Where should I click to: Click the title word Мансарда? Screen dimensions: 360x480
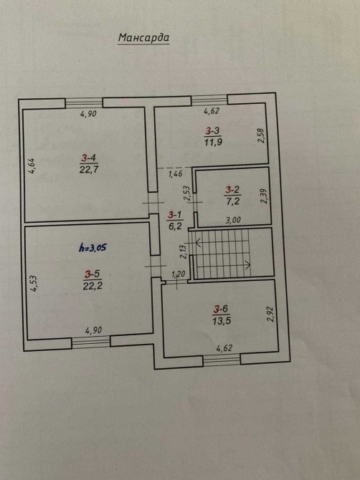point(143,38)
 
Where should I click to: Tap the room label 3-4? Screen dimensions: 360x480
point(89,158)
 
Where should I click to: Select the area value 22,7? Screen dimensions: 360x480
point(89,170)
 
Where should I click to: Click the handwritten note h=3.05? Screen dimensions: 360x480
point(93,247)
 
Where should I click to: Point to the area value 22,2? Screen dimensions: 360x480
point(93,286)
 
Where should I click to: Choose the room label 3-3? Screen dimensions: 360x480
point(213,131)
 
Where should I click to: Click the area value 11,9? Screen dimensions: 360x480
point(213,142)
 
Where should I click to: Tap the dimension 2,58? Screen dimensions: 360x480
point(261,135)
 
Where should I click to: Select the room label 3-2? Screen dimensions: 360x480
point(232,190)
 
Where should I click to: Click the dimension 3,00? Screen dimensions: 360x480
point(233,220)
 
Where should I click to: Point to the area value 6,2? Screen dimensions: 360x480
point(175,226)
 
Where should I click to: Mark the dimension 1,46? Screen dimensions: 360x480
point(176,174)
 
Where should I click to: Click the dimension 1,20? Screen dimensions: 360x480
point(179,274)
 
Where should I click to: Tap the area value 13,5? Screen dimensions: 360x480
point(222,321)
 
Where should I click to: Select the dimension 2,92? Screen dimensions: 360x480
point(270,314)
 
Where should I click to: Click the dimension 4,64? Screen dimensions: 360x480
point(32,166)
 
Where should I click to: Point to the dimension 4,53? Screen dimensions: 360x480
point(34,284)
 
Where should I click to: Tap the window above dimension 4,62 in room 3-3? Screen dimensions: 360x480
point(209,100)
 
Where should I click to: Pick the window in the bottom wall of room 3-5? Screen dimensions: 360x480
point(91,342)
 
